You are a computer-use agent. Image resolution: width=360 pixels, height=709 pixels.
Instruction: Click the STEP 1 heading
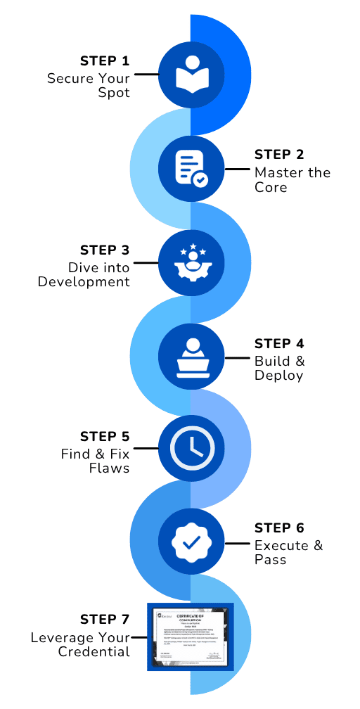pos(105,60)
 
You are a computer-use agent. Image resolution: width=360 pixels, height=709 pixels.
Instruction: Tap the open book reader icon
pos(191,74)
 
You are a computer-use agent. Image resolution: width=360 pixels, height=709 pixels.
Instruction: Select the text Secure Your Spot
pos(89,85)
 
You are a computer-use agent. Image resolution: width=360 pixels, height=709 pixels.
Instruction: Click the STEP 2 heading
pos(279,155)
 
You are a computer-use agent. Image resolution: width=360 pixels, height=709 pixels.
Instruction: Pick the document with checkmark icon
pos(191,167)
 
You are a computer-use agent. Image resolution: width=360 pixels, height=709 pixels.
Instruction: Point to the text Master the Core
pos(292,179)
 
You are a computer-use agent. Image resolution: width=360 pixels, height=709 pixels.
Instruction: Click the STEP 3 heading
pos(105,250)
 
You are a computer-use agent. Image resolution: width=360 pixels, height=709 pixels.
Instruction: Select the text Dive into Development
pos(84,274)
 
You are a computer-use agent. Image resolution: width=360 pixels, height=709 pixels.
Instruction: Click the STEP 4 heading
pos(279,344)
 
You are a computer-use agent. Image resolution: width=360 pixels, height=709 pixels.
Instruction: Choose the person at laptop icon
pos(191,356)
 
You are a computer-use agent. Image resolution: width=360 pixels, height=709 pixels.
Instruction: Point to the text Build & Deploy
pos(279,368)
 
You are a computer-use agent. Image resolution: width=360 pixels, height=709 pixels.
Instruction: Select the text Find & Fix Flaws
pos(95,461)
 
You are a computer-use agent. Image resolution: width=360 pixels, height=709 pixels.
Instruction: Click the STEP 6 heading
pos(279,528)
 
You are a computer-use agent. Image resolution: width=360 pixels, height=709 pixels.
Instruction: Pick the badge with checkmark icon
pos(191,542)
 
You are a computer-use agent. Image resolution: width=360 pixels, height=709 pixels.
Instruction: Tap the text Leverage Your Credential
pos(80,644)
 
